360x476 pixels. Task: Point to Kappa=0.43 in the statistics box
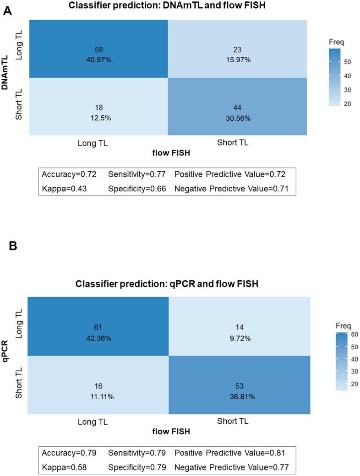coord(65,188)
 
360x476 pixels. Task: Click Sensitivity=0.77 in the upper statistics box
coord(136,174)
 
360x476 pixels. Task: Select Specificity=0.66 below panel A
coord(136,188)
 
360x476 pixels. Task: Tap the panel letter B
coord(13,246)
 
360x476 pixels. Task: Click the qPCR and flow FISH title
coord(167,284)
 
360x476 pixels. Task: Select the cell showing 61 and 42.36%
coord(98,332)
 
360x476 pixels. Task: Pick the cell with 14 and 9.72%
coord(240,332)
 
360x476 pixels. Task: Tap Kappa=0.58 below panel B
coord(65,467)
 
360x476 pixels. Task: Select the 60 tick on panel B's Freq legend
coord(355,334)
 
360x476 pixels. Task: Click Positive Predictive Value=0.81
coord(230,453)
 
